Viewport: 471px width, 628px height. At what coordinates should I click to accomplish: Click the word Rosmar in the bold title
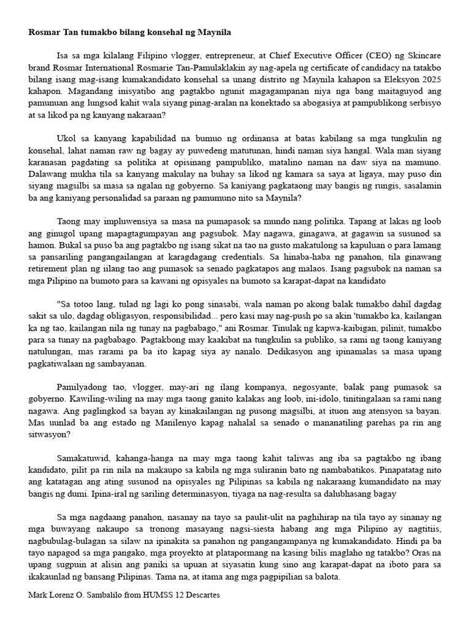[x=44, y=31]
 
